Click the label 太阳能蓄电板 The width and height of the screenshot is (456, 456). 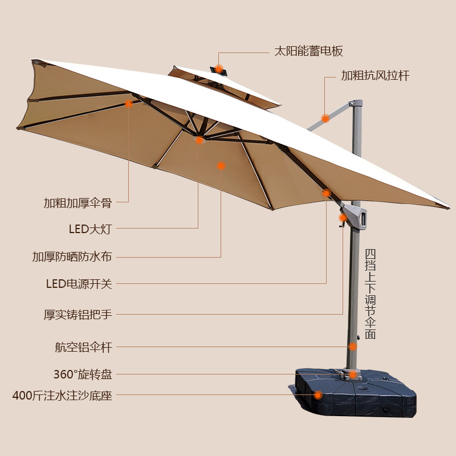coord(308,51)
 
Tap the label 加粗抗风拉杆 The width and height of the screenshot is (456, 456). coord(375,75)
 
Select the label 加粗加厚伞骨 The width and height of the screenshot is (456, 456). coord(78,202)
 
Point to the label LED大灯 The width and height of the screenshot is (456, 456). coord(90,229)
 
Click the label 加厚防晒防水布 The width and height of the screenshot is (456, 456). coord(72,256)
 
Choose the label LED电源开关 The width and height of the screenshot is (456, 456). coord(79,284)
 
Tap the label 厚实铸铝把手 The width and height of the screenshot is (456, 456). coord(78,315)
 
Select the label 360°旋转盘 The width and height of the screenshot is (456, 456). coord(83,374)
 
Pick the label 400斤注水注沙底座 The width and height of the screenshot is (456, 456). coord(62,395)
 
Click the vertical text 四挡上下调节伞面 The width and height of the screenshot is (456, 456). coord(370,294)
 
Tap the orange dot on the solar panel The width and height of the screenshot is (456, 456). coord(219,68)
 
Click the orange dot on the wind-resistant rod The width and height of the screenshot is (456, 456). coord(325,119)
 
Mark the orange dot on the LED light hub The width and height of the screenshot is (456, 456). coord(199,140)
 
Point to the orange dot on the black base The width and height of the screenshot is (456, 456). coord(318,394)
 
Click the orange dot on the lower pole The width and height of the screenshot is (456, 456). coord(353,346)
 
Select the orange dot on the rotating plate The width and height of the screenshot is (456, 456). coord(353,374)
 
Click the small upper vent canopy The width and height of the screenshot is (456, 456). coord(228,85)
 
